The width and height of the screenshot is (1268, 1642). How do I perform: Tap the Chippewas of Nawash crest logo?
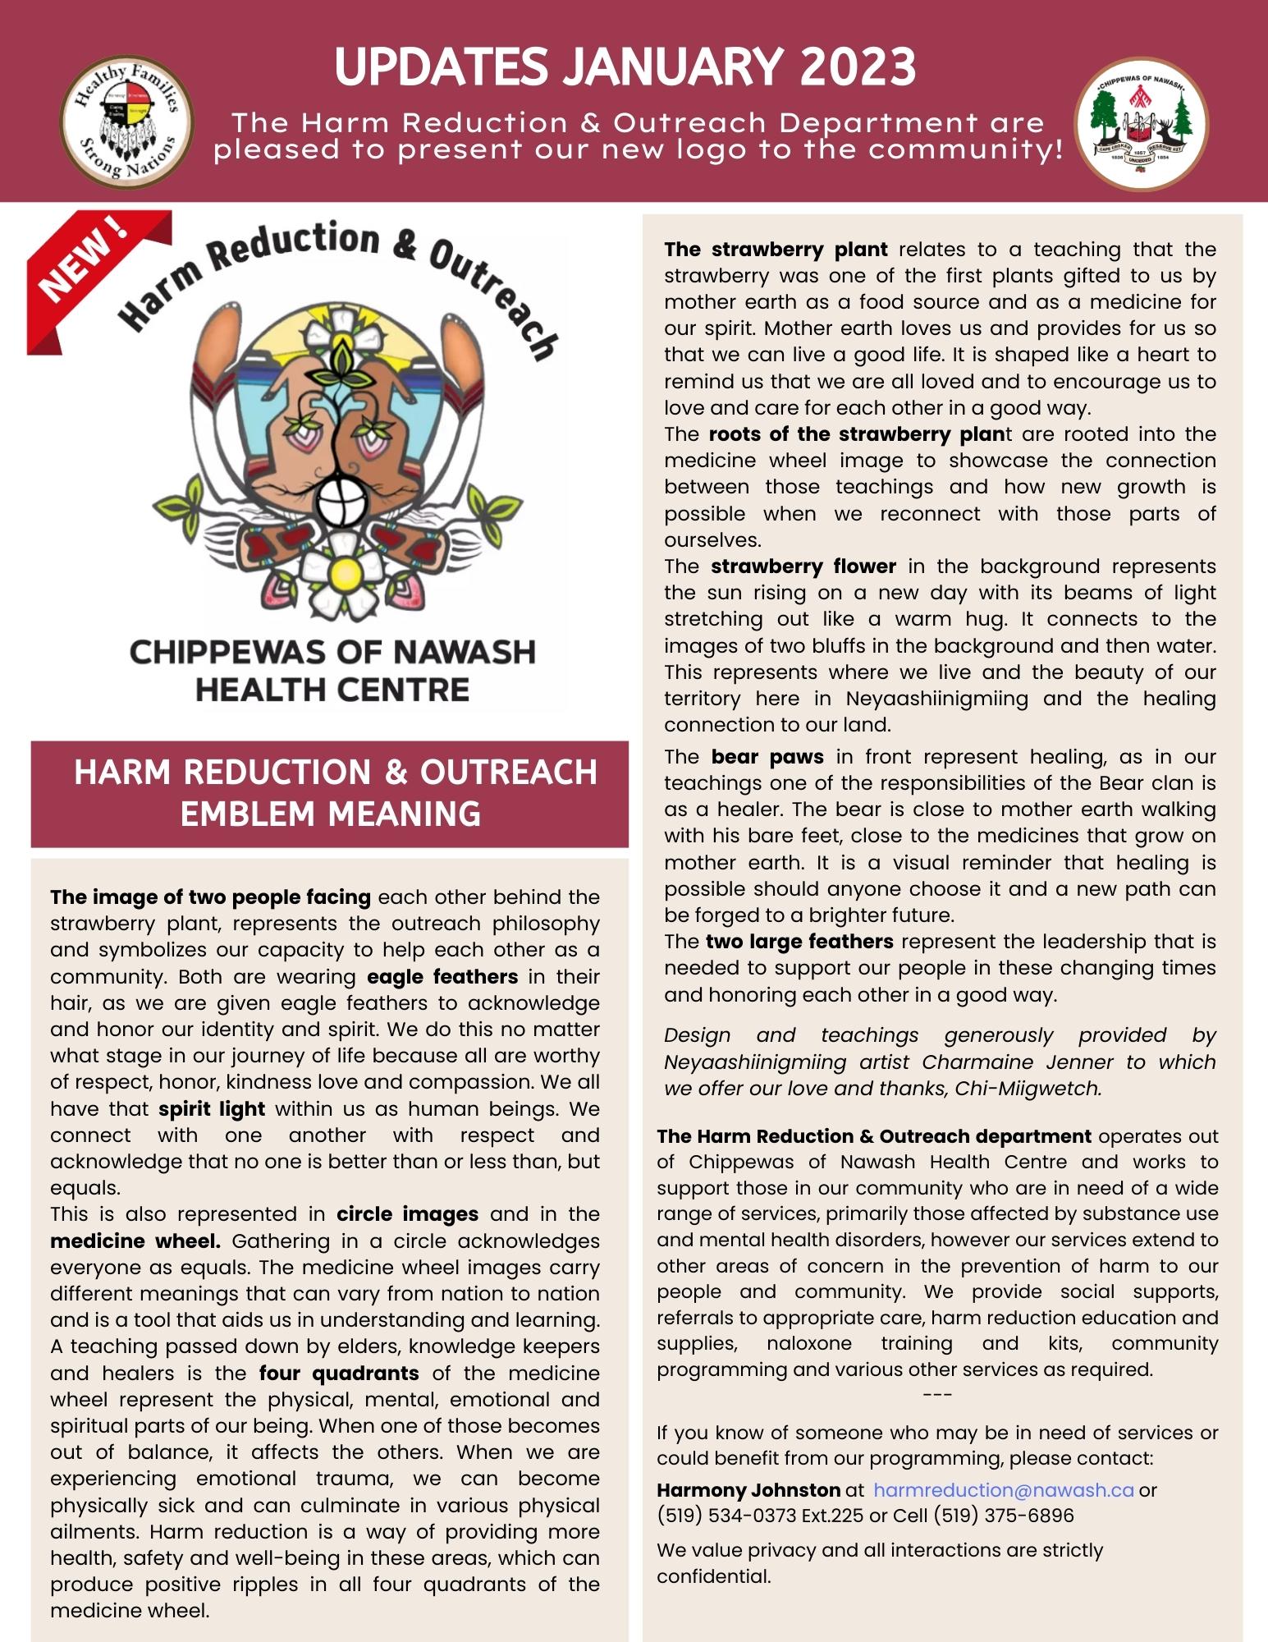pyautogui.click(x=1141, y=123)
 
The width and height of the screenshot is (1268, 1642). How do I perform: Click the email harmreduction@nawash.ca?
pyautogui.click(x=1003, y=1489)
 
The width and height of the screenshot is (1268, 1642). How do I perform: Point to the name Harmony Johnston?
pyautogui.click(x=748, y=1489)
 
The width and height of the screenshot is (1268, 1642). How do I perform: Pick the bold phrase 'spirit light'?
pyautogui.click(x=212, y=1108)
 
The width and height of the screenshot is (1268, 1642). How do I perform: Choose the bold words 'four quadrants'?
pyautogui.click(x=339, y=1373)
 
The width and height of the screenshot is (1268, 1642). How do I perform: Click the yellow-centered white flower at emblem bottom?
pyautogui.click(x=343, y=572)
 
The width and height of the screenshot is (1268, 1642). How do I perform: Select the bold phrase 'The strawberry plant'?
pyautogui.click(x=776, y=249)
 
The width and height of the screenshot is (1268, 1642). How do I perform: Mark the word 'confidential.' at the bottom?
pyautogui.click(x=713, y=1575)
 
